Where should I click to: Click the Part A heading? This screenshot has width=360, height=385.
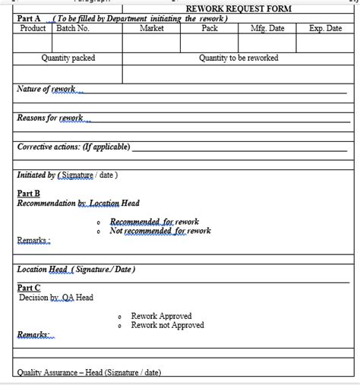pos(29,18)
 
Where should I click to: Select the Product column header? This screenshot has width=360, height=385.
pos(33,28)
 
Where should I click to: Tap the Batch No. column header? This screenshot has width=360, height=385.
pos(74,28)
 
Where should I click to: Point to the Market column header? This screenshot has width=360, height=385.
pos(152,28)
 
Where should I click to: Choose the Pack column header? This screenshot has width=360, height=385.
pos(210,28)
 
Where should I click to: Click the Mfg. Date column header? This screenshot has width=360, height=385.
pos(267,28)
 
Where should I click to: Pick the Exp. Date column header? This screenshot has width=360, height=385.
pos(326,28)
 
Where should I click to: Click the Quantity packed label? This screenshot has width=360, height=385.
pos(68,58)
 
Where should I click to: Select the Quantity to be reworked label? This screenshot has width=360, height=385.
pos(238,58)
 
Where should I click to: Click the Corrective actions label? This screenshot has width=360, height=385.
pos(74,147)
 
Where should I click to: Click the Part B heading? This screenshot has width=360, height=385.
pos(29,194)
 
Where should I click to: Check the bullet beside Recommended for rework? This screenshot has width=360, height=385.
pos(99,222)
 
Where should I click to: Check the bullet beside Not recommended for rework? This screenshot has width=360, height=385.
pos(99,231)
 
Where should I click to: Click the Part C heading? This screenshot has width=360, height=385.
pos(29,288)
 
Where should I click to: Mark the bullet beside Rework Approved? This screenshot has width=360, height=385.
pos(121,317)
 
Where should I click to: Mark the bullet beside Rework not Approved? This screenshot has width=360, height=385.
pos(121,326)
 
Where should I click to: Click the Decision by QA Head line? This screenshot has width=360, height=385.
pos(56,298)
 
